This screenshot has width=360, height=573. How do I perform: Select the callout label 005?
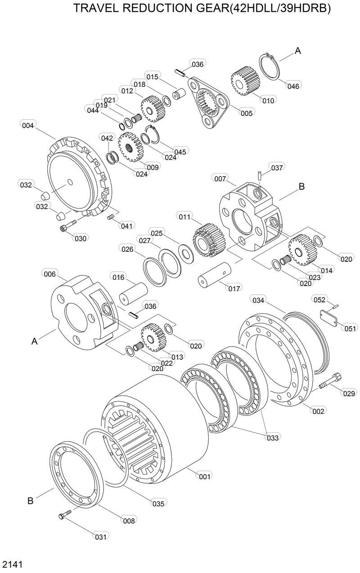(247, 113)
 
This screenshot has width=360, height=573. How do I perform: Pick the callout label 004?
(27, 125)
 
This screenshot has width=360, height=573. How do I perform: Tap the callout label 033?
(273, 437)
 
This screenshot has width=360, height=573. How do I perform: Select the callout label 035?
(158, 504)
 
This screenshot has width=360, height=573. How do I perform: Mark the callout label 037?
(277, 168)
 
